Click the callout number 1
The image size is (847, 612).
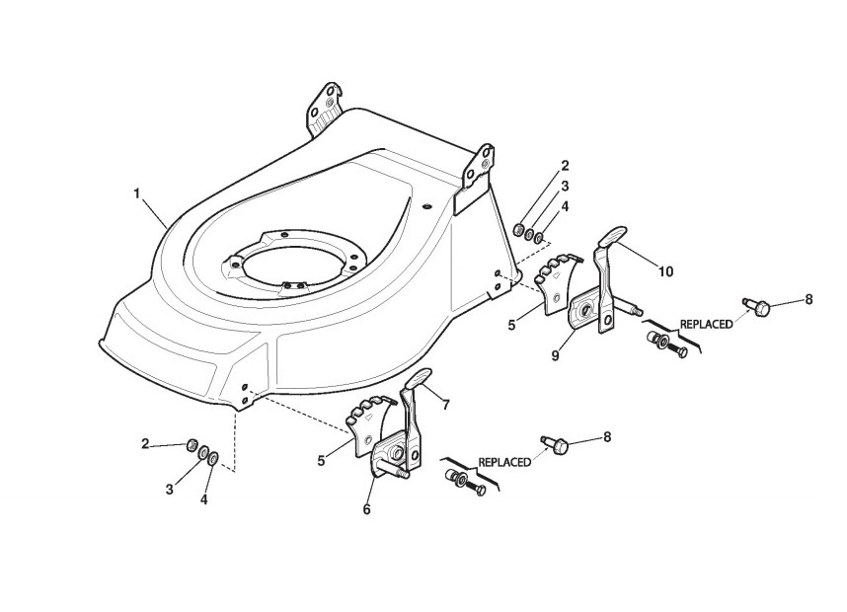[x=136, y=193]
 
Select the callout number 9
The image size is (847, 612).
[x=556, y=353]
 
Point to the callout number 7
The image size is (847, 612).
[x=445, y=405]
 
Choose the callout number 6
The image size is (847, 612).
[x=366, y=508]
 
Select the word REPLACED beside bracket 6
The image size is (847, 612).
[x=505, y=461]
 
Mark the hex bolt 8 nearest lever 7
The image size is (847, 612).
[x=555, y=445]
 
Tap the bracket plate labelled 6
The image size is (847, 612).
[x=390, y=454]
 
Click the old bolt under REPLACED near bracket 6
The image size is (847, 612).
[x=465, y=484]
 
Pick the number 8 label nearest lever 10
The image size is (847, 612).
[x=808, y=298]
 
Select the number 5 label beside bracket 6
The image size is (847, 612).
[x=323, y=459]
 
